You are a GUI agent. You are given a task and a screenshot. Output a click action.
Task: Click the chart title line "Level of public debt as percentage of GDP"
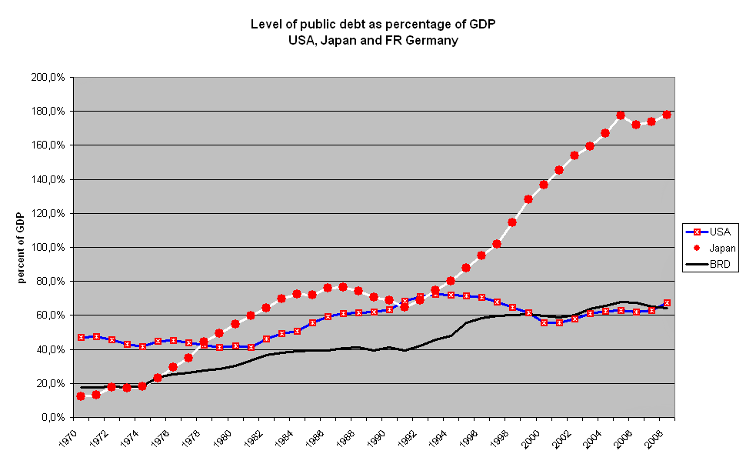pos(373,24)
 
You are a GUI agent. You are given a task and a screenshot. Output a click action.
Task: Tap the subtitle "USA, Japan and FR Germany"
pos(373,40)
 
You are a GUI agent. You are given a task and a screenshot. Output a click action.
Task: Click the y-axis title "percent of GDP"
pos(23,248)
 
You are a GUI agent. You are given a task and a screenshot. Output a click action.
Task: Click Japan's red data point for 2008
pos(667,115)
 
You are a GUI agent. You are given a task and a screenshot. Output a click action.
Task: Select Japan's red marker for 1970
pos(81,396)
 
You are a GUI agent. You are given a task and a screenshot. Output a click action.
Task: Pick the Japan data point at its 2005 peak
pos(621,115)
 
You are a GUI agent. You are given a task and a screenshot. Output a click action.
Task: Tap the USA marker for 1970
pos(81,338)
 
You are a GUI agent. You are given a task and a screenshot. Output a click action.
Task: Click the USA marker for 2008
pos(667,303)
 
